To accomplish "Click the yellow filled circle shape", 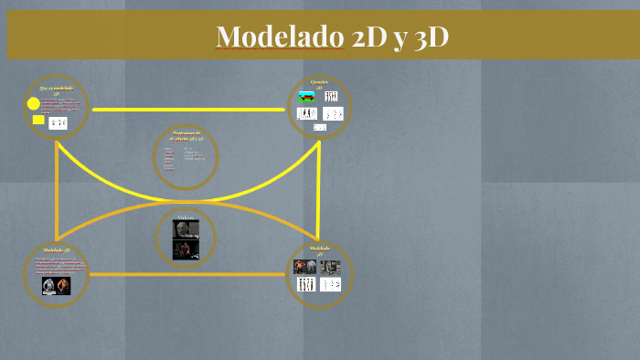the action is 34,104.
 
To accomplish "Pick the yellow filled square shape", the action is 38,120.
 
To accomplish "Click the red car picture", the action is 306,96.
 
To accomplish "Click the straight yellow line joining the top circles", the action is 187,110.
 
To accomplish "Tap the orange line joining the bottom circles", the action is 187,274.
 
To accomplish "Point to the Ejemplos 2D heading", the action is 319,84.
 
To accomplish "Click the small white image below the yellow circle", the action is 58,122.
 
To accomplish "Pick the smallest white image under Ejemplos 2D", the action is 319,127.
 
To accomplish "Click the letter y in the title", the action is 399,38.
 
